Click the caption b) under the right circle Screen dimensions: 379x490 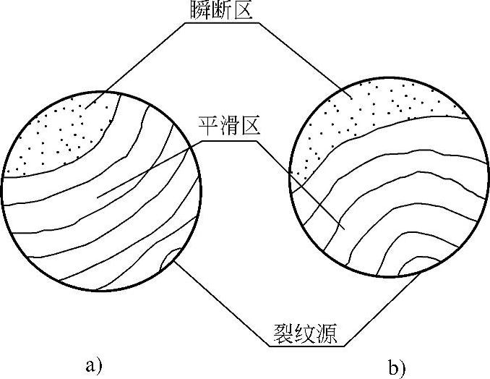pos(396,368)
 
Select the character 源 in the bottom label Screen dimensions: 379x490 pos(330,334)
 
